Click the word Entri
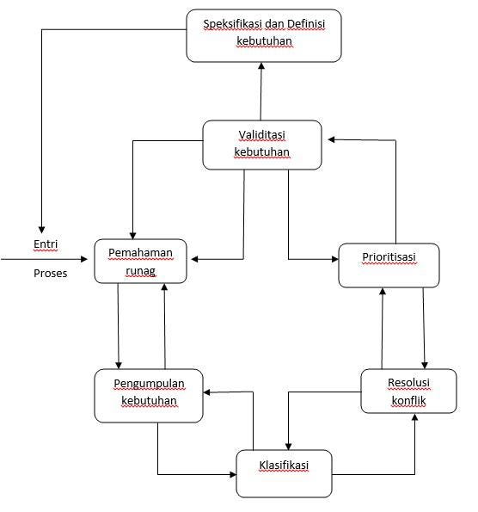(x=46, y=244)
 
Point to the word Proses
(x=50, y=274)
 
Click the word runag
(x=141, y=271)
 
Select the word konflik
(x=409, y=400)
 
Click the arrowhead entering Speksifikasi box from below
(x=261, y=66)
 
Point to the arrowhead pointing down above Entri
(x=41, y=229)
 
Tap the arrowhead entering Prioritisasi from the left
(x=335, y=259)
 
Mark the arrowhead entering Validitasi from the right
(x=332, y=139)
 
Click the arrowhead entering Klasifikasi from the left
(x=233, y=474)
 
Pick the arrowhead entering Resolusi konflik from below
(x=414, y=417)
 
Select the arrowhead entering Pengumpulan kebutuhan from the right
(x=207, y=392)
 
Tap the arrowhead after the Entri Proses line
(x=84, y=259)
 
